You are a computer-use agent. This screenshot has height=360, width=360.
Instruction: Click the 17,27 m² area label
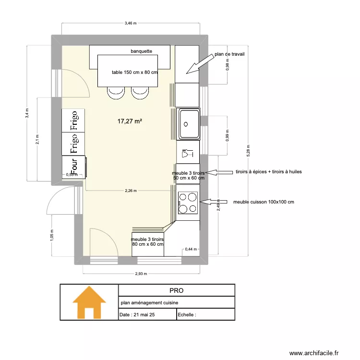130,122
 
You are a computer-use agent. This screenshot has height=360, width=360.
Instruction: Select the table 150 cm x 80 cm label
135,72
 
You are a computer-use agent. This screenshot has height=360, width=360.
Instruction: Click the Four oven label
74,168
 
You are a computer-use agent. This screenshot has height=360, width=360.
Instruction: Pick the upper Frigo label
74,120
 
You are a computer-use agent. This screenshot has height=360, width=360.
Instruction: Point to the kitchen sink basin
188,124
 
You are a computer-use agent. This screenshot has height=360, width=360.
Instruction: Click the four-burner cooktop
188,202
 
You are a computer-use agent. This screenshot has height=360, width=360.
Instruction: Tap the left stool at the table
116,93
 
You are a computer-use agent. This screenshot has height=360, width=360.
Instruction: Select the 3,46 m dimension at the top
130,23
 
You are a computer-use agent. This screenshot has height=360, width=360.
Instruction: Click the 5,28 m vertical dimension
248,149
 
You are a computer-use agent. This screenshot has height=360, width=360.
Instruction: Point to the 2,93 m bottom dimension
141,274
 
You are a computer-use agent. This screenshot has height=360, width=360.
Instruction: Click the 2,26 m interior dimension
131,191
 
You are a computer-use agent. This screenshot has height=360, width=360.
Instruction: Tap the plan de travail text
230,54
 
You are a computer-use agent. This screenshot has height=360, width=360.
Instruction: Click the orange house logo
89,302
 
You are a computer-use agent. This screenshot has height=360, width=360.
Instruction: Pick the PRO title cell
176,290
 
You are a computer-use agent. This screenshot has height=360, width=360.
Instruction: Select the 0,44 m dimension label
191,249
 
